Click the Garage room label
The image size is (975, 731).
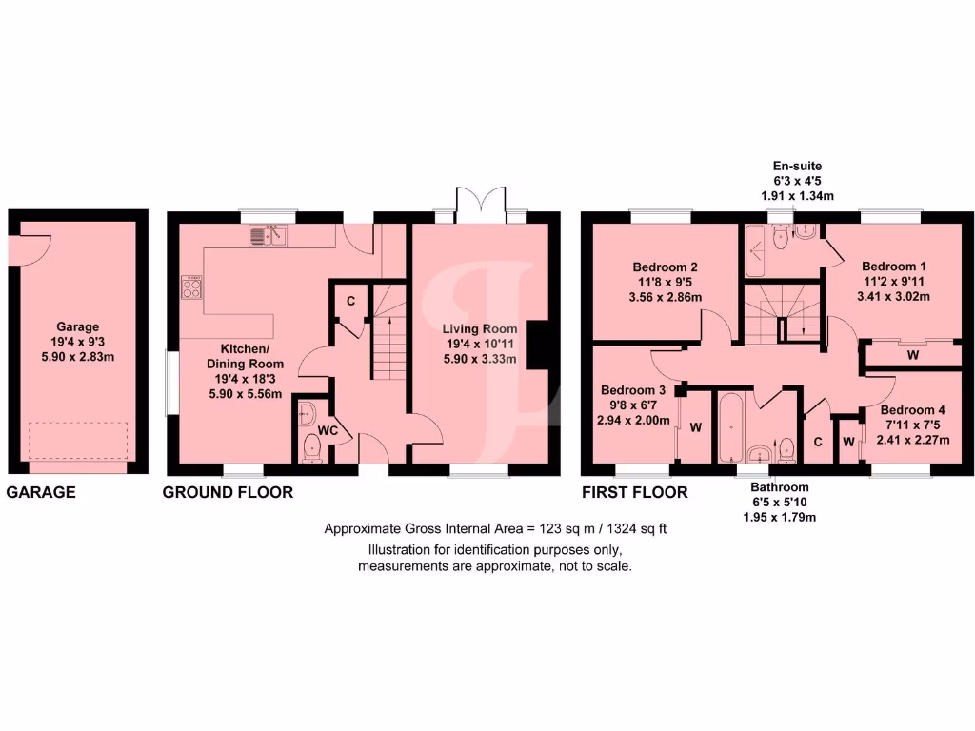pyautogui.click(x=77, y=326)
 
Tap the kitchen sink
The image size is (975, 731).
pyautogui.click(x=269, y=234)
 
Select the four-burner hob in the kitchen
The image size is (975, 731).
pyautogui.click(x=190, y=287)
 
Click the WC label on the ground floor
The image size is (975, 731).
pyautogui.click(x=328, y=431)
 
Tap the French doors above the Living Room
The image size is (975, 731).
pyautogui.click(x=480, y=203)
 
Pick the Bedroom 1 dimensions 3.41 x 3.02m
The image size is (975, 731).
pyautogui.click(x=894, y=296)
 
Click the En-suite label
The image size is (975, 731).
pyautogui.click(x=797, y=166)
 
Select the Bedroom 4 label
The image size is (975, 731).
pyautogui.click(x=901, y=410)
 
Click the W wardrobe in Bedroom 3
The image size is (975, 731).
pyautogui.click(x=695, y=427)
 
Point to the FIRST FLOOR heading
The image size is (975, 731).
pyautogui.click(x=635, y=492)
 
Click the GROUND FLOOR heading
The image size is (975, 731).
pyautogui.click(x=228, y=492)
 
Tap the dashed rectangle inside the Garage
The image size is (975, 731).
pyautogui.click(x=77, y=440)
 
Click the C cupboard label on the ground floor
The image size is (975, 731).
pyautogui.click(x=351, y=301)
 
